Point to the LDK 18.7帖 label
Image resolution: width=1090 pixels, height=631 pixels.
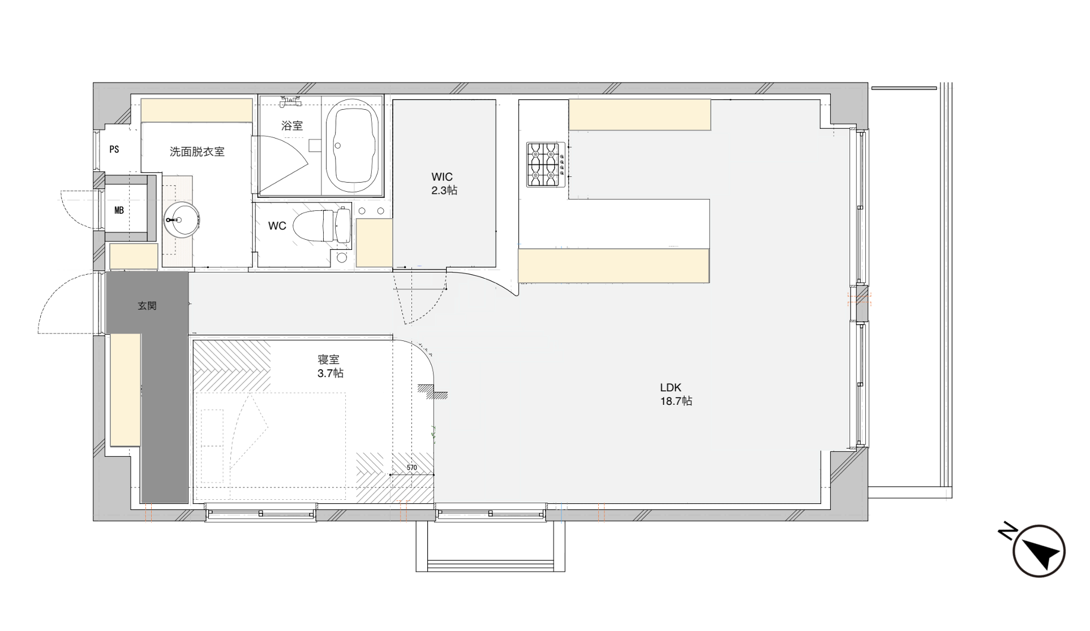[x=676, y=395]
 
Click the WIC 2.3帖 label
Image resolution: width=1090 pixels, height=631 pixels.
[x=444, y=184]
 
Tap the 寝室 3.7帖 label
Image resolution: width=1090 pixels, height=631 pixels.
[x=330, y=366]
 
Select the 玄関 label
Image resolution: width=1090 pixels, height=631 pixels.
[x=147, y=306]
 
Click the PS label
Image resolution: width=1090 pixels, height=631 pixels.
[x=114, y=149]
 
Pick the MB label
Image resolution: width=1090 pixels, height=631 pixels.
[x=119, y=211]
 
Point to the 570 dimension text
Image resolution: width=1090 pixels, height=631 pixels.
[x=411, y=468]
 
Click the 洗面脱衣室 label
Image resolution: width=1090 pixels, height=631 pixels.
[x=197, y=152]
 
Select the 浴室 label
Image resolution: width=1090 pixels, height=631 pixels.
[x=292, y=126]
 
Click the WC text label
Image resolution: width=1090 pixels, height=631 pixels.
[x=277, y=226]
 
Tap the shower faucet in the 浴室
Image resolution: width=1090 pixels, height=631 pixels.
[x=290, y=102]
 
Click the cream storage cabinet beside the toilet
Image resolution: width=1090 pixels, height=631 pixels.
[x=374, y=243]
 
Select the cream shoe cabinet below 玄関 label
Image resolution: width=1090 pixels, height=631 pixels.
[x=125, y=390]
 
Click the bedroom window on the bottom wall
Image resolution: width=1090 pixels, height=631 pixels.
[x=261, y=514]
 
